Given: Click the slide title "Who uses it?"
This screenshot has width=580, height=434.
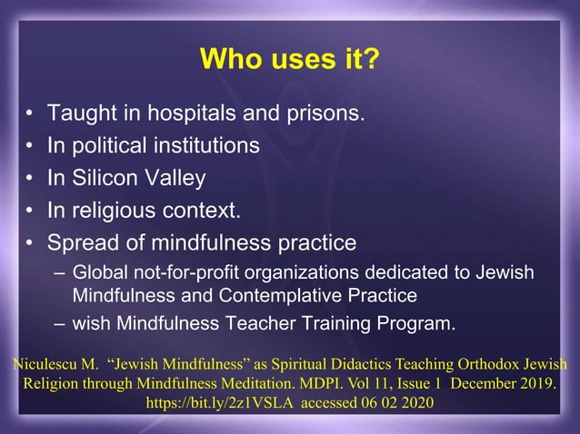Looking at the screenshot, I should click(289, 61).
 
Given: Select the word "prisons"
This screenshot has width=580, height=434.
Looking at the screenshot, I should click(328, 114).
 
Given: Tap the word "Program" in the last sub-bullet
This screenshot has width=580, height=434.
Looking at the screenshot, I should click(416, 322).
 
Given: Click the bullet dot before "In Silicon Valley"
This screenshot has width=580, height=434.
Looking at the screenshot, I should click(30, 179).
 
